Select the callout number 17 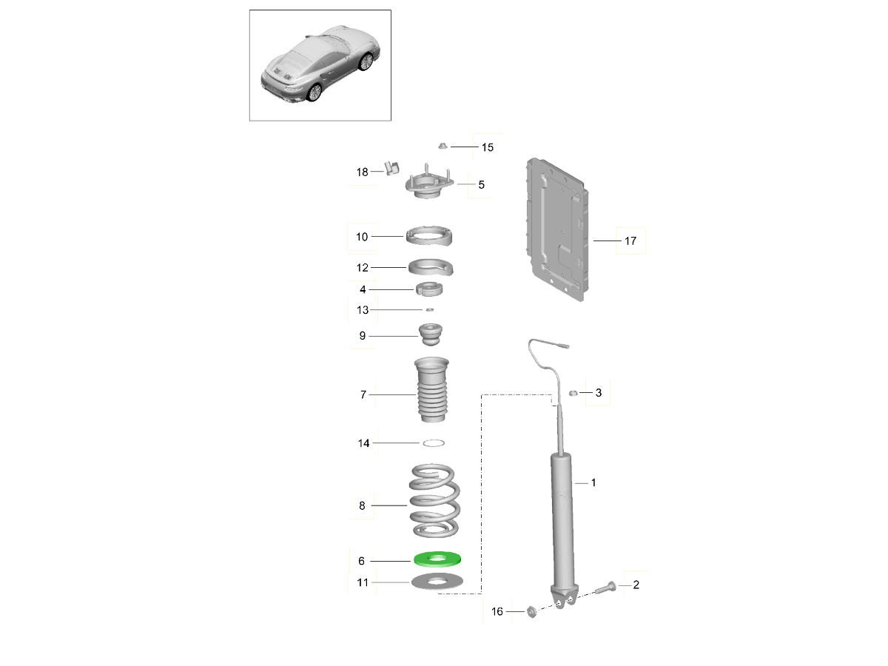[x=630, y=241]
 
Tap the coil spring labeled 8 [x=434, y=501]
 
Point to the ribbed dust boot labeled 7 [x=431, y=389]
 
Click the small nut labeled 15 [x=443, y=146]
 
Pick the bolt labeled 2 [x=606, y=588]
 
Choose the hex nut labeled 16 [x=532, y=611]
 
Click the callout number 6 [x=361, y=561]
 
